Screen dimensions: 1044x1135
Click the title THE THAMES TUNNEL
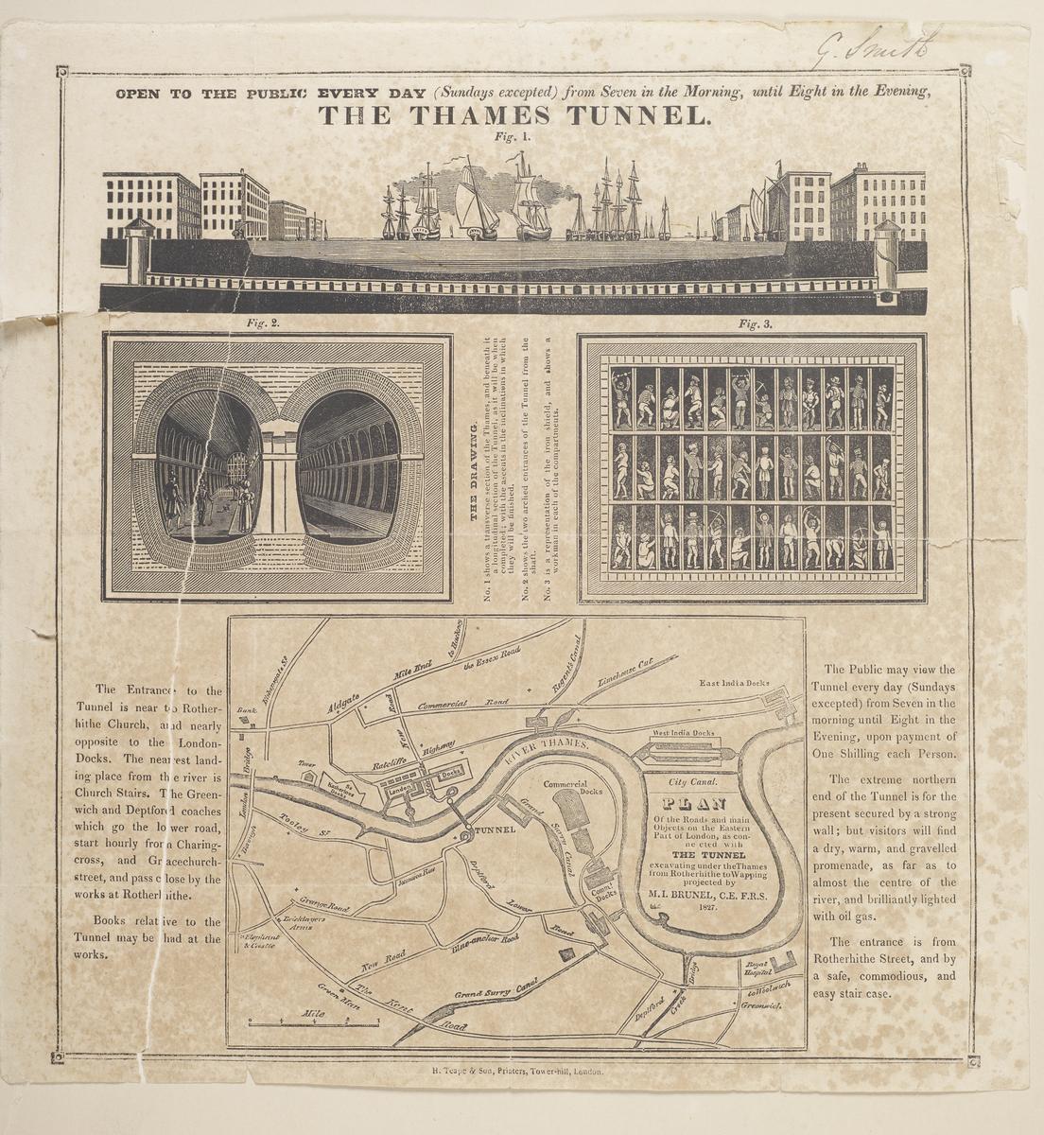tap(513, 115)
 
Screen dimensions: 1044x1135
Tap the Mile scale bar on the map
tap(312, 1021)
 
